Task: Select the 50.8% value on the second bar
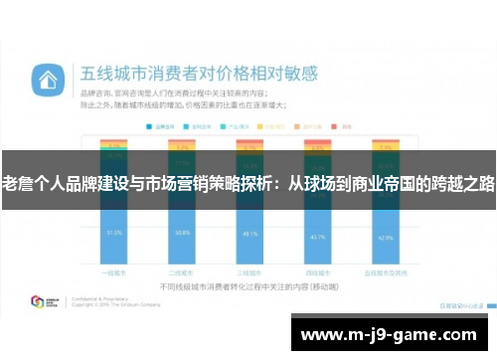(181, 233)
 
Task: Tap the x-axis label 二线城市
(181, 271)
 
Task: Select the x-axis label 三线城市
(249, 271)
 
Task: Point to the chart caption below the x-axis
(248, 285)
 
